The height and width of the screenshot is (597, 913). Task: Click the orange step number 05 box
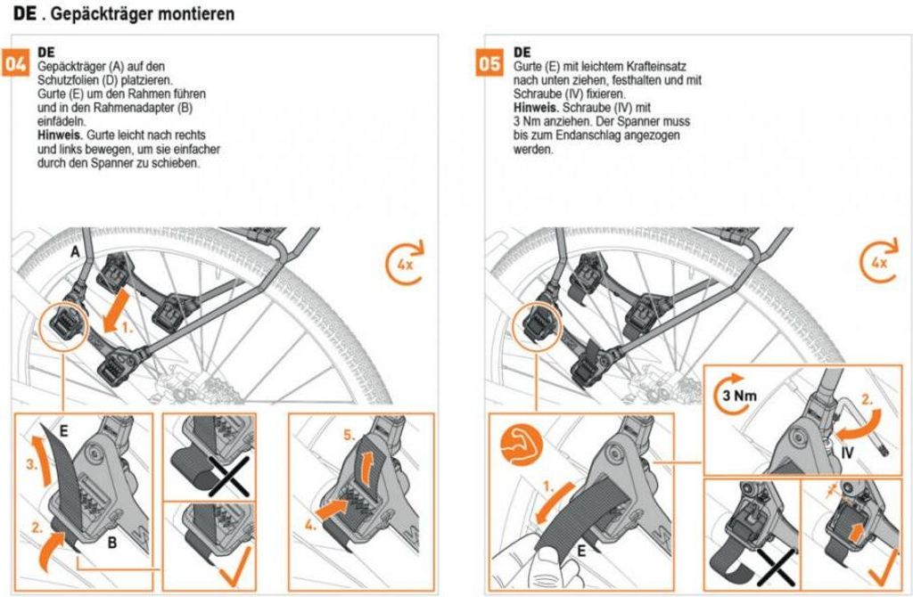tap(489, 65)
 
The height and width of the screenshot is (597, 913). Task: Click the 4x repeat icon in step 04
tap(407, 262)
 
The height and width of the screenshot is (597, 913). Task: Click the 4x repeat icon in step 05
tap(881, 262)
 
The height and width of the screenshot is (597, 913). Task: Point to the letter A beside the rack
tap(78, 253)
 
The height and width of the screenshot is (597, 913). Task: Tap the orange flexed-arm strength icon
tap(519, 443)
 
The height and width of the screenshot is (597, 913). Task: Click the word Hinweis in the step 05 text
tap(534, 107)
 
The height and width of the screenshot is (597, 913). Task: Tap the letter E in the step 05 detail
tap(581, 552)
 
